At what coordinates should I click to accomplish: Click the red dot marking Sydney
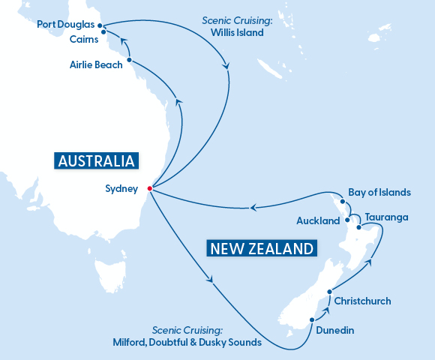[150, 188]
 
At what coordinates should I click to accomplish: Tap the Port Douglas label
[65, 25]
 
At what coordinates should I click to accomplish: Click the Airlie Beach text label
[91, 65]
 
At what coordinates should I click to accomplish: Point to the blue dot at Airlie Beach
[130, 60]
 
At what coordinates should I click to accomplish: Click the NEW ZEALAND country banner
[261, 248]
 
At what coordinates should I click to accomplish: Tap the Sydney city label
[122, 189]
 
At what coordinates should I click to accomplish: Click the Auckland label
[318, 221]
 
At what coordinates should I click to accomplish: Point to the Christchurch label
[362, 301]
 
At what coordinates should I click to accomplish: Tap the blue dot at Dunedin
[310, 322]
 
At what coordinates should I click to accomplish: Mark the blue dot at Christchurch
[328, 292]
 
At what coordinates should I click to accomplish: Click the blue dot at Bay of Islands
[342, 201]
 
